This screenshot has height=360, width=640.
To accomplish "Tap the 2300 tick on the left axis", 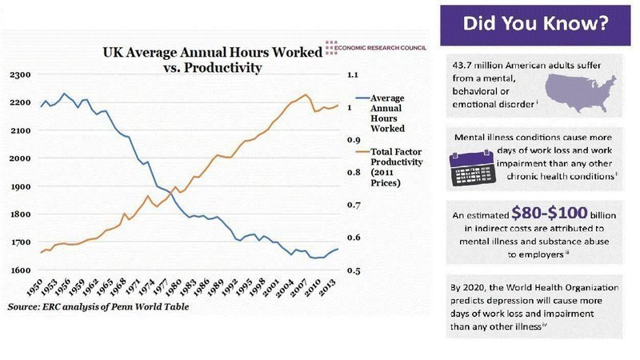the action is pyautogui.click(x=19, y=74).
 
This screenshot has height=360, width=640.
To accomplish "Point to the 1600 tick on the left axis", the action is pyautogui.click(x=19, y=270).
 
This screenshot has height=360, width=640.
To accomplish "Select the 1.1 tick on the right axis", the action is pyautogui.click(x=353, y=74).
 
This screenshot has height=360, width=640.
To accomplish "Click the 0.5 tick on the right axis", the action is pyautogui.click(x=354, y=270).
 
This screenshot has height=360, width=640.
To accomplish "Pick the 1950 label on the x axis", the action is pyautogui.click(x=34, y=288).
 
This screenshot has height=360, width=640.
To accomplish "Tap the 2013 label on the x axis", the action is pyautogui.click(x=328, y=288).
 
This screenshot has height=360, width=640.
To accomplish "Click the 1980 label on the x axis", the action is pyautogui.click(x=174, y=288).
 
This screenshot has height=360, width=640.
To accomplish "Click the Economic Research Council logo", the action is pyautogui.click(x=376, y=48).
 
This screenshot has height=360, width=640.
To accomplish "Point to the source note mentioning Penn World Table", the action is pyautogui.click(x=98, y=307).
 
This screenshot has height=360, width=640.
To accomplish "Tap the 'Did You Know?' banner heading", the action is pyautogui.click(x=535, y=24).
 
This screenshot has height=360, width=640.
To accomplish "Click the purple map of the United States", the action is pyautogui.click(x=581, y=93).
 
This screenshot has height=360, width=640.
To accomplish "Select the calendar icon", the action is pyautogui.click(x=473, y=168).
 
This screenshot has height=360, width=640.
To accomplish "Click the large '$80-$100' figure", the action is pyautogui.click(x=549, y=213).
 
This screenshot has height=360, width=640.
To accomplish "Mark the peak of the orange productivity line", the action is pyautogui.click(x=306, y=94).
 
